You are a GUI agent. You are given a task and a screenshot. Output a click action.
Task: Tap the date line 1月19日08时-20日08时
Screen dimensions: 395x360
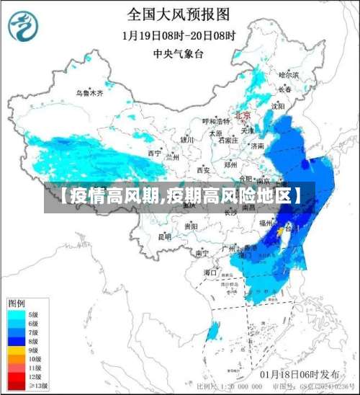click(179, 35)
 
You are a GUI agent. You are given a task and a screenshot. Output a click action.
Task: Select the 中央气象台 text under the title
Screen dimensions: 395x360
click(179, 53)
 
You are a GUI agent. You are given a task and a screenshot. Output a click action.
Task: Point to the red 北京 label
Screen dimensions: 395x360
click(242, 115)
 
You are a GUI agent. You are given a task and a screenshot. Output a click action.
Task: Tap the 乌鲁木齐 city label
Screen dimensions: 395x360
click(90, 93)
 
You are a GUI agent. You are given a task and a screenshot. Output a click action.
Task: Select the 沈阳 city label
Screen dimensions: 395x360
click(277, 106)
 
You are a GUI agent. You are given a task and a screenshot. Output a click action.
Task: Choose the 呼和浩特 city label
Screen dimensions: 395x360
click(214, 121)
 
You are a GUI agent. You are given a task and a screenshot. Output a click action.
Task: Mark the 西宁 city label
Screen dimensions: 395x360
click(154, 153)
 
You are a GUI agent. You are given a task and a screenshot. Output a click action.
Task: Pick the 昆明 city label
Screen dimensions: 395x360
click(164, 236)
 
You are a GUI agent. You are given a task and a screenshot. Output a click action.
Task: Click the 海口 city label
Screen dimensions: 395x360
click(210, 272)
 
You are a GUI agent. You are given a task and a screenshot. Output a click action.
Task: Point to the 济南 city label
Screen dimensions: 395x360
click(257, 146)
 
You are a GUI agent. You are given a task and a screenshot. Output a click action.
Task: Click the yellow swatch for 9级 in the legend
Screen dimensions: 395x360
click(14, 349)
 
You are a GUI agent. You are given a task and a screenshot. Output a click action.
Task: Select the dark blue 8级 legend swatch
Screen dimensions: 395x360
click(14, 340)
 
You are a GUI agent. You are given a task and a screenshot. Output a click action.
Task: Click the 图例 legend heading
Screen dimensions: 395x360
click(16, 302)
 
